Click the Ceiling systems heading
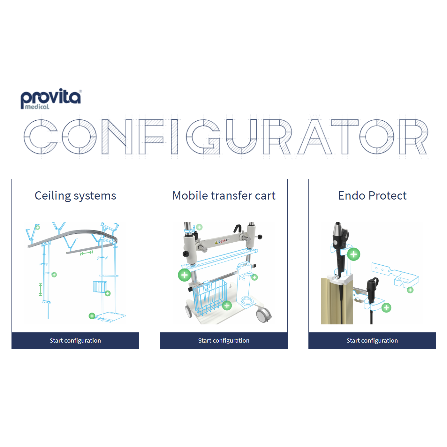tap(75, 196)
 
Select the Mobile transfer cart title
tap(224, 196)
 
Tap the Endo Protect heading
tap(372, 196)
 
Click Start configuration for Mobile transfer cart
tap(224, 340)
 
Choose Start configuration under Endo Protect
tap(372, 340)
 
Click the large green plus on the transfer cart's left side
tap(185, 275)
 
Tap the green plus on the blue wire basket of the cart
tap(227, 306)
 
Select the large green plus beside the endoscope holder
tap(353, 254)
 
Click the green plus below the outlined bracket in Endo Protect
tap(410, 290)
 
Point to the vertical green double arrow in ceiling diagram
tap(41, 289)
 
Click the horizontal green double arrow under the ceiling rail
tap(86, 253)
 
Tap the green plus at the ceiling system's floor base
tap(92, 316)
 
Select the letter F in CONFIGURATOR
tap(151, 137)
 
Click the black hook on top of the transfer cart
tap(238, 228)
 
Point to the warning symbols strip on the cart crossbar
tap(222, 241)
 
